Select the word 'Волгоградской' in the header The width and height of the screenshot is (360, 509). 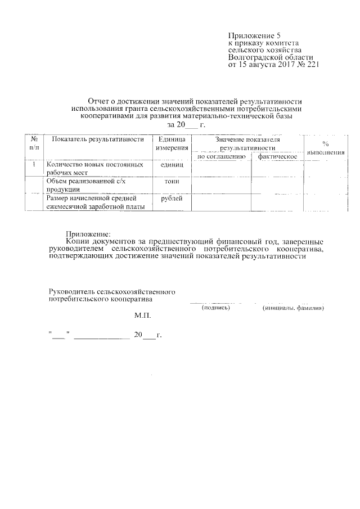(252, 57)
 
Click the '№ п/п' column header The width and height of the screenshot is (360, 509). (34, 143)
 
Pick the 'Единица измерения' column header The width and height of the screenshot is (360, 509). (172, 143)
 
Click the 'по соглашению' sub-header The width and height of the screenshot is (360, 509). (220, 156)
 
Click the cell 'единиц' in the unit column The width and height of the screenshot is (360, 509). (172, 165)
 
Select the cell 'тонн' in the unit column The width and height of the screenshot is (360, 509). (172, 182)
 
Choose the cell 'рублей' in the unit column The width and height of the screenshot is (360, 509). (172, 199)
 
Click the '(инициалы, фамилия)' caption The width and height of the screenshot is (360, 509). (293, 308)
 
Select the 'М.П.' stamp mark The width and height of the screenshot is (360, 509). (142, 317)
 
